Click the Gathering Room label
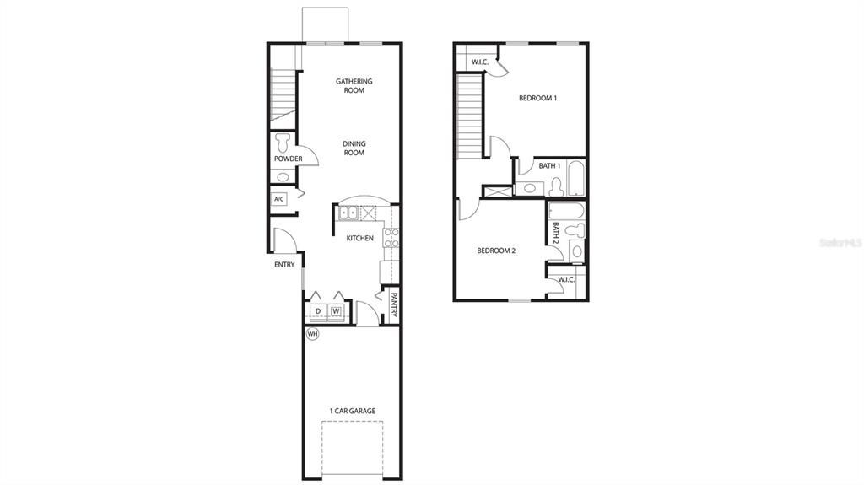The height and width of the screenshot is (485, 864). tap(354, 85)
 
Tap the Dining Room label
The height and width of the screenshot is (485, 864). tap(354, 148)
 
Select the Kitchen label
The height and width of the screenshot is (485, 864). tap(359, 238)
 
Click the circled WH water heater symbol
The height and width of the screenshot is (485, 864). tap(312, 334)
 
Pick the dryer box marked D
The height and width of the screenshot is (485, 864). tap(317, 311)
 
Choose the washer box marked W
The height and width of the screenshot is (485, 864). tap(336, 311)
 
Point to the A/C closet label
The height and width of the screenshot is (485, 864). tap(279, 199)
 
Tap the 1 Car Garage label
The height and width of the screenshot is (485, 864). tap(353, 411)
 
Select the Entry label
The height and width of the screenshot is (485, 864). tap(284, 264)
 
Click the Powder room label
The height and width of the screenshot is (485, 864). tap(288, 159)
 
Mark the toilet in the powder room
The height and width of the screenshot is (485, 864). tap(283, 140)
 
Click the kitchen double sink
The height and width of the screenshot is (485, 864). tap(348, 213)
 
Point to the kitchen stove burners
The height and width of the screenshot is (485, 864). tap(391, 237)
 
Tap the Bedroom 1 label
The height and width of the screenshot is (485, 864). tap(537, 98)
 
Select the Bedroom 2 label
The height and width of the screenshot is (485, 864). tap(496, 250)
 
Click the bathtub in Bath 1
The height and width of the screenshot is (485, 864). tap(577, 178)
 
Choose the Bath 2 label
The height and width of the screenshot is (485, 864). tap(556, 233)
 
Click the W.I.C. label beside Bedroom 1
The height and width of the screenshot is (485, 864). tap(480, 61)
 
